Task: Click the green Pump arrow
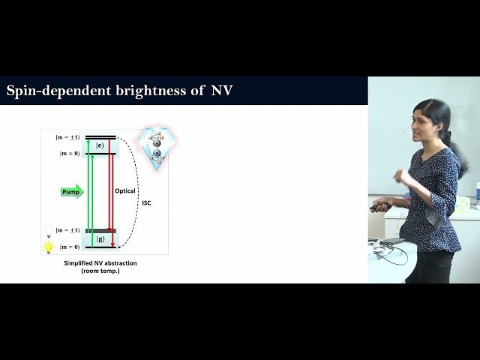[72, 191]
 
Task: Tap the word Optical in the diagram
[125, 191]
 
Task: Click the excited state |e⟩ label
[100, 145]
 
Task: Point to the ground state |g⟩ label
[100, 238]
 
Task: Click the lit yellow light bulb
[49, 247]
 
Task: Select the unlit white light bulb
[49, 229]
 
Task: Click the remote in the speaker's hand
[380, 207]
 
